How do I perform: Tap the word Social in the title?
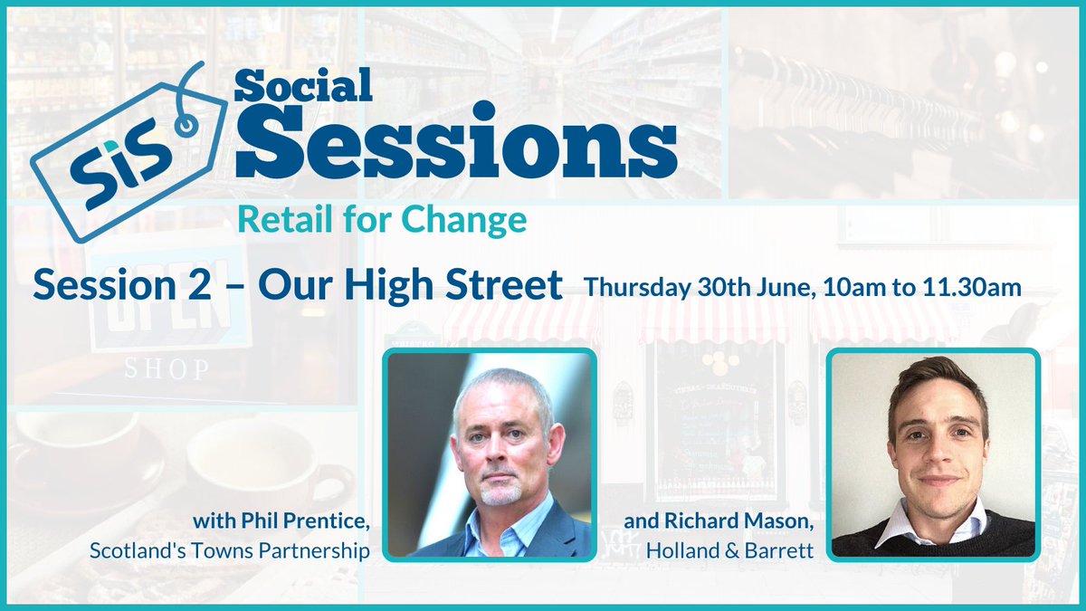(303, 87)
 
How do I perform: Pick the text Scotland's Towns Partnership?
(281, 550)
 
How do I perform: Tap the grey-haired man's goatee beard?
(500, 494)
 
